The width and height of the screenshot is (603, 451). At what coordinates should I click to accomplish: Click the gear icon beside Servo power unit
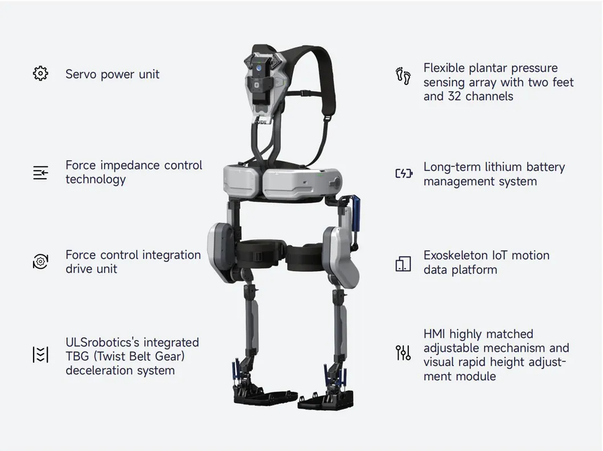[40, 73]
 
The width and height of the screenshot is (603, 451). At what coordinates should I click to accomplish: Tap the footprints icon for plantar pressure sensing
[403, 76]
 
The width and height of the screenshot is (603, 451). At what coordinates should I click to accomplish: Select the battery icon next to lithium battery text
[404, 174]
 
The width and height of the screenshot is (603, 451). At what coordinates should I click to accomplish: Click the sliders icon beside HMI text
[403, 352]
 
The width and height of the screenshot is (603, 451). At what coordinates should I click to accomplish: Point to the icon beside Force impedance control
[40, 173]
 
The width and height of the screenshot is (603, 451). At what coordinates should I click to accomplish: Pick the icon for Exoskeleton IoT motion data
[403, 264]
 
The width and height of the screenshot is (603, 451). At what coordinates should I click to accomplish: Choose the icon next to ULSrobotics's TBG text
[40, 355]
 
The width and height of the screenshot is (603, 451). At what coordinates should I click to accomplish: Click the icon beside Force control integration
[40, 261]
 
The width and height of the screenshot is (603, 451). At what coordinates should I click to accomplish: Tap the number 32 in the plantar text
[454, 96]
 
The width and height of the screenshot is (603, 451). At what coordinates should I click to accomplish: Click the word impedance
[130, 166]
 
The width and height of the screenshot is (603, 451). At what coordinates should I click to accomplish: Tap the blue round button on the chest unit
[259, 68]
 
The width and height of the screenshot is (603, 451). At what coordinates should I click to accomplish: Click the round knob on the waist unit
[336, 181]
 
